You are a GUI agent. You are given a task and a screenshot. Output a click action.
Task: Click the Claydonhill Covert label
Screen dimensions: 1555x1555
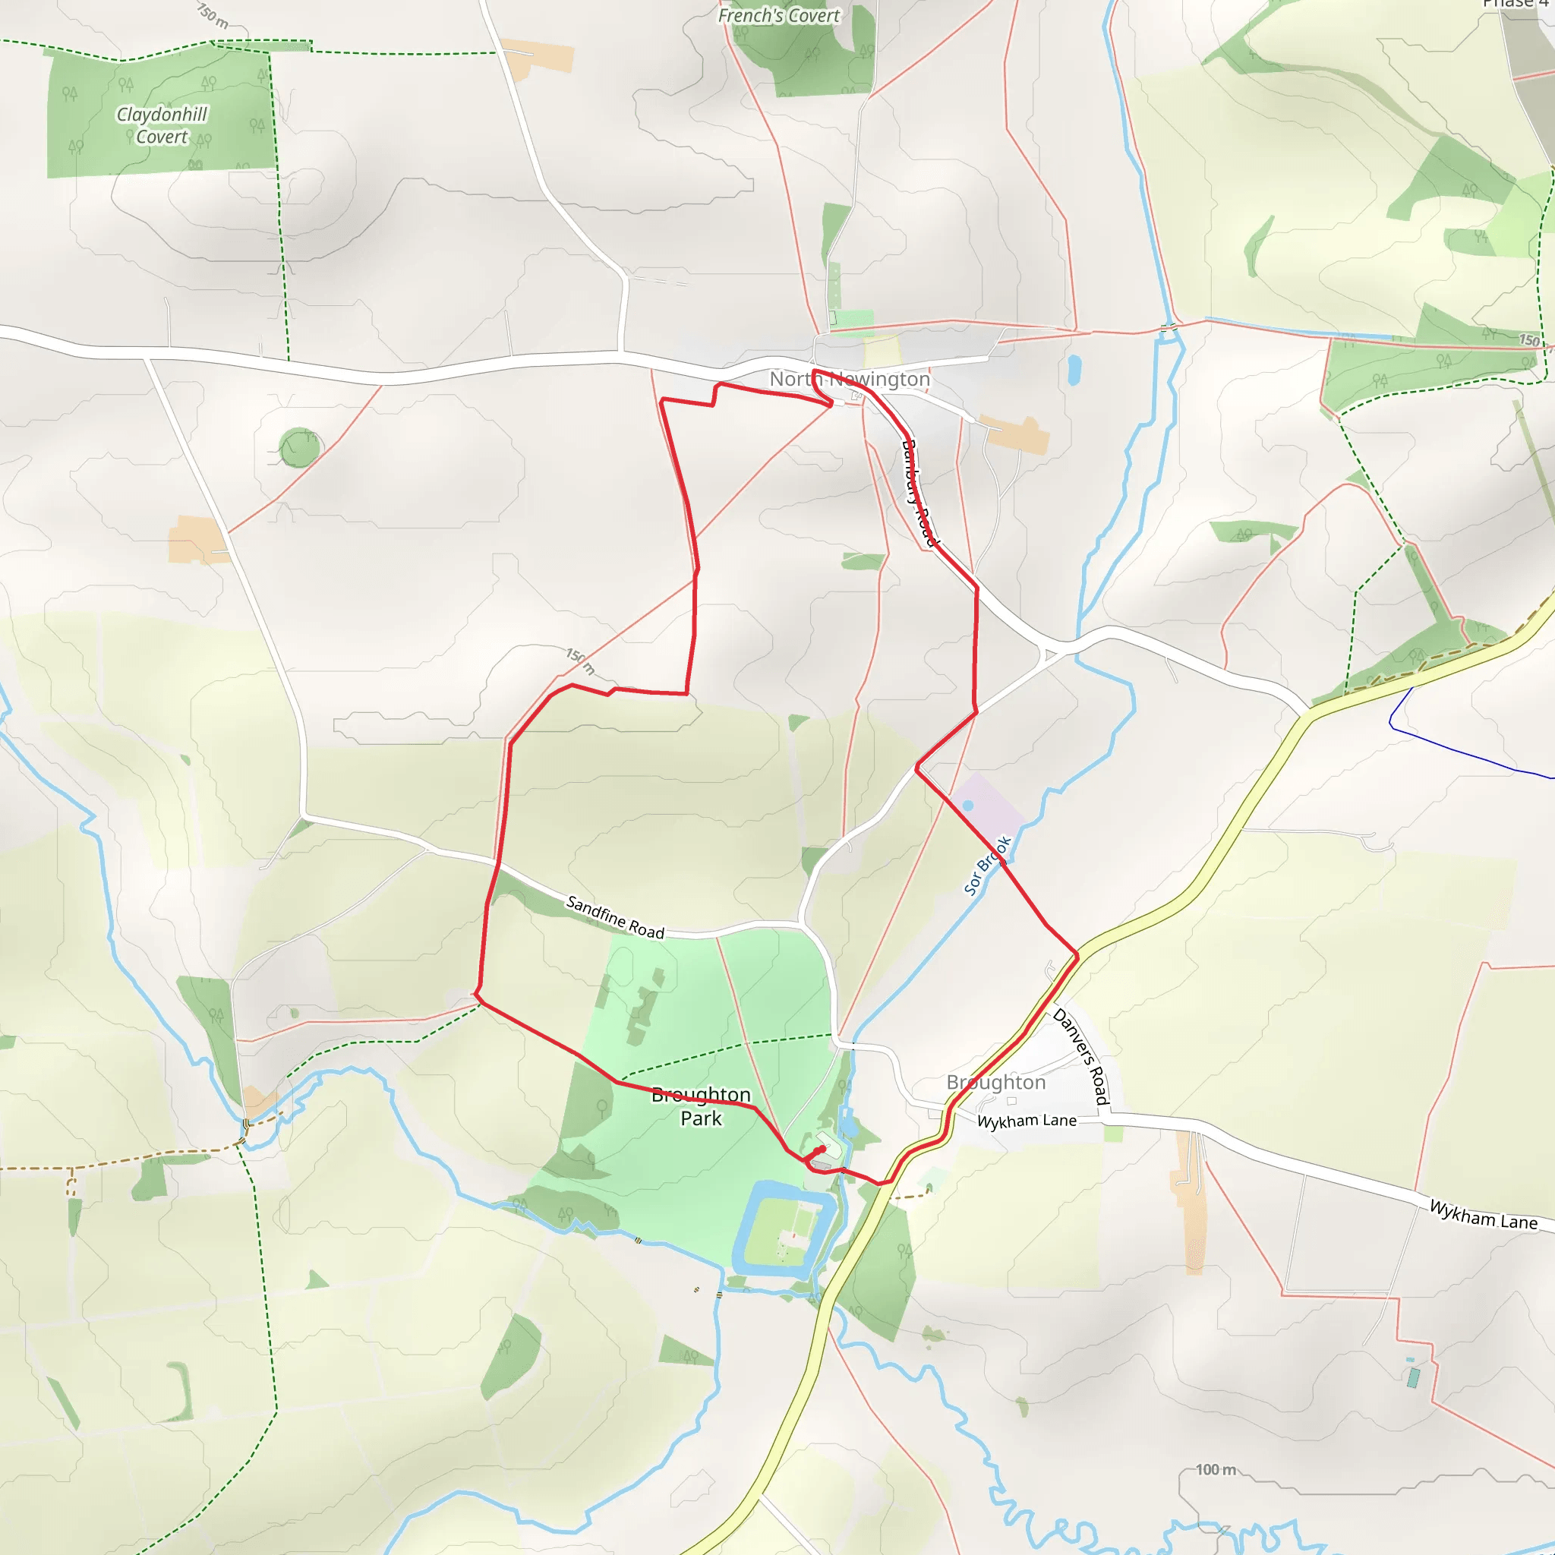coord(162,125)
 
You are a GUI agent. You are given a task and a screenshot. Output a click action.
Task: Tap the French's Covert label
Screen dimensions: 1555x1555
coord(778,16)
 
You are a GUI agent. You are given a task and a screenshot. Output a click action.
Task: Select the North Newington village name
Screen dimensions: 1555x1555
coord(849,378)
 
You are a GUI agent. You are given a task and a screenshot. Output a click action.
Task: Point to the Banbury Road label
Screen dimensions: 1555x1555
coord(919,493)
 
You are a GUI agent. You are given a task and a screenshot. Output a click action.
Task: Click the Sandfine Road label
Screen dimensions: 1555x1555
coord(616,916)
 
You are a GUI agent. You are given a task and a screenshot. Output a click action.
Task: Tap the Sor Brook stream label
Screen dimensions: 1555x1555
coord(987,866)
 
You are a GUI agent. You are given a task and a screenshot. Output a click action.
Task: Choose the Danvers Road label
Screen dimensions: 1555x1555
coord(1081,1056)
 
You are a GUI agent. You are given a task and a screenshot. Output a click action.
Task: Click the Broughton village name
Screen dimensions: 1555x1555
coord(995,1082)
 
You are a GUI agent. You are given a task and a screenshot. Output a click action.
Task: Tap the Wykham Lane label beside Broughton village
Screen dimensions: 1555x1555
coord(1027,1121)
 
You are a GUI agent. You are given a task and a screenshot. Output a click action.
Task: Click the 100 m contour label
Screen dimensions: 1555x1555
coord(1216,1470)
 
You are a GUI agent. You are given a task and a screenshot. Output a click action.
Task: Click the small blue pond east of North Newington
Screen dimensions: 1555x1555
coord(1073,370)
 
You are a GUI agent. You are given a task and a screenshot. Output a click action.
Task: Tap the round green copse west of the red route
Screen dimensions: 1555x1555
coord(299,446)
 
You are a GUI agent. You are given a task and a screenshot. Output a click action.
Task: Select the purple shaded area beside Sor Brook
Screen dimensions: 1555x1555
coord(986,807)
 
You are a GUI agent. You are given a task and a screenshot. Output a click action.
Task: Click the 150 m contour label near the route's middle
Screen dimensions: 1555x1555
coord(579,661)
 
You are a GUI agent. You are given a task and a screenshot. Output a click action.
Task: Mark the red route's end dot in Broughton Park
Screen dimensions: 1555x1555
coord(822,1149)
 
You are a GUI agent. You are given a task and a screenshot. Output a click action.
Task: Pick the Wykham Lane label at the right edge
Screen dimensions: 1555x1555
coord(1483,1215)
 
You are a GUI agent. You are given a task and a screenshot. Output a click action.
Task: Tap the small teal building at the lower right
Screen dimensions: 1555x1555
coord(1413,1378)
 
